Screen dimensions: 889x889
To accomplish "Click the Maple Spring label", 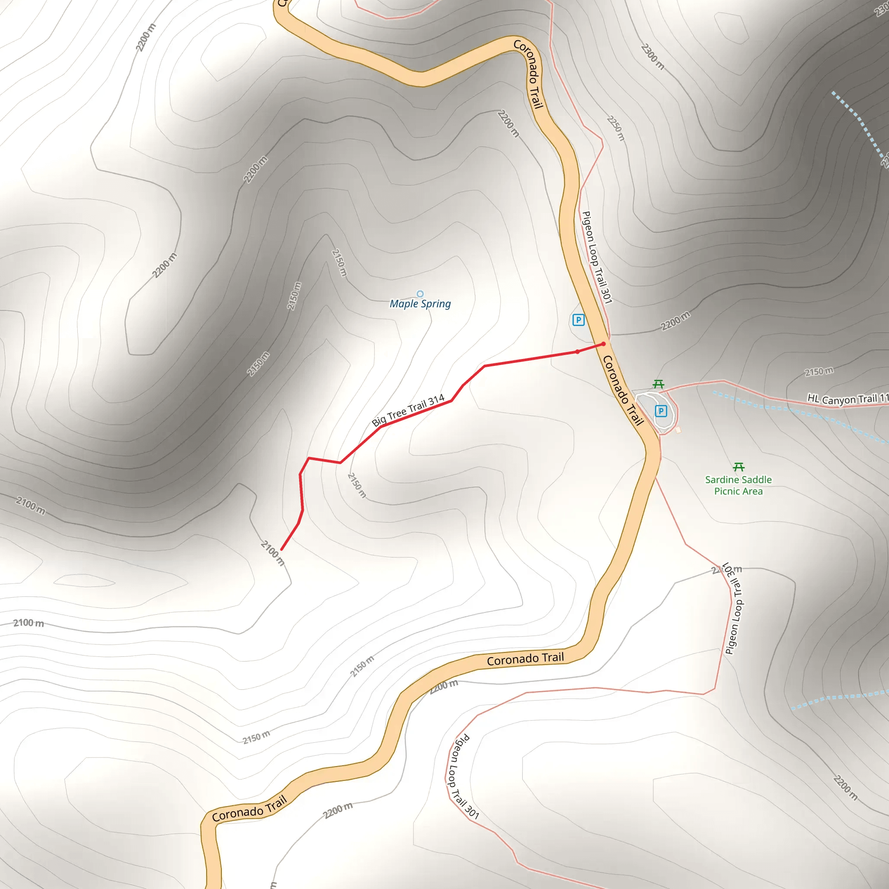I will pyautogui.click(x=420, y=304).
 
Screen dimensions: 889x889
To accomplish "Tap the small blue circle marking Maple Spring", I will pyautogui.click(x=420, y=294).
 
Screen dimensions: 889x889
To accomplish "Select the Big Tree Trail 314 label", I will pyautogui.click(x=408, y=410).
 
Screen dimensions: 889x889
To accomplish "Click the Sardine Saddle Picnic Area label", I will pyautogui.click(x=738, y=485).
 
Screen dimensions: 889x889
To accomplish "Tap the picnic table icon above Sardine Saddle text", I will pyautogui.click(x=738, y=467).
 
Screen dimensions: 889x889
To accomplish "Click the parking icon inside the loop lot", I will pyautogui.click(x=661, y=411).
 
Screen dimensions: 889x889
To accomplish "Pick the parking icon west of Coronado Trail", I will pyautogui.click(x=578, y=320).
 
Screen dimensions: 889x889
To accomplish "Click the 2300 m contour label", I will pyautogui.click(x=652, y=56).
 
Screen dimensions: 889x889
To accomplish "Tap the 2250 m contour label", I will pyautogui.click(x=616, y=128).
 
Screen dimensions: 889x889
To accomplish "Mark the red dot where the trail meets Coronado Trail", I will pyautogui.click(x=604, y=344).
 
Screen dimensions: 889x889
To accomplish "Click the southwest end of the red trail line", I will pyautogui.click(x=281, y=550).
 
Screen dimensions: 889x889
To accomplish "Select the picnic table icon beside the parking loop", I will pyautogui.click(x=659, y=384).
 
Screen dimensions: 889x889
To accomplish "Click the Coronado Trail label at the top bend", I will pyautogui.click(x=529, y=74).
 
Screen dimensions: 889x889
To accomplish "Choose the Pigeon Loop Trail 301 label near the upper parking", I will pyautogui.click(x=597, y=258).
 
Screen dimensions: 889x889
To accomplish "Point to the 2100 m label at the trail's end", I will pyautogui.click(x=273, y=553).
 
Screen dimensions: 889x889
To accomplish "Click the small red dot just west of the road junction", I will pyautogui.click(x=577, y=352).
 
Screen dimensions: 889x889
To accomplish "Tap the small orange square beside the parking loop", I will pyautogui.click(x=678, y=430).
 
